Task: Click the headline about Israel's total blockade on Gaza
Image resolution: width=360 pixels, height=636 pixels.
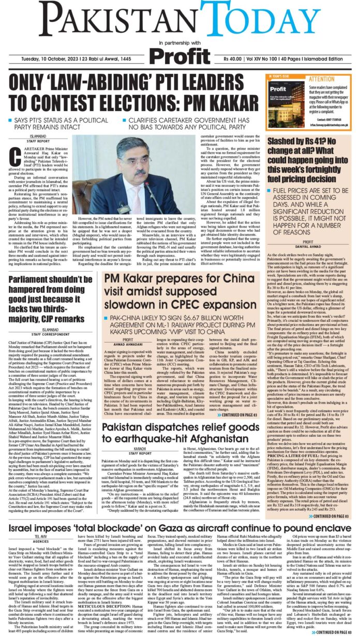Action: [x=179, y=529]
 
